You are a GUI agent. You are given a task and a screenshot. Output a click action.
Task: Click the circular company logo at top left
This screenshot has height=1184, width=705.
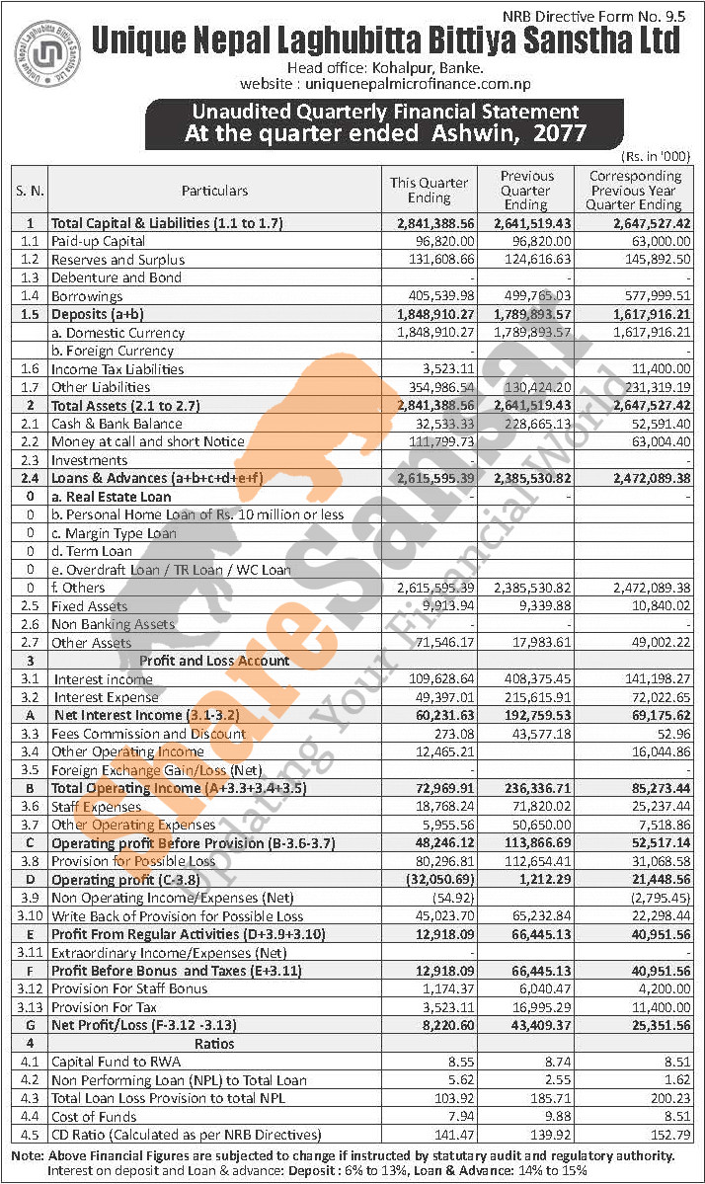(x=49, y=50)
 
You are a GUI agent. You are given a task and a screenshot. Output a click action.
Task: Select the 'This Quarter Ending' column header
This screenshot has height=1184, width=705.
(x=430, y=190)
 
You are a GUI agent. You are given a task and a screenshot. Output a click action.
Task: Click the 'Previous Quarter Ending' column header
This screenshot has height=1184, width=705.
(x=526, y=190)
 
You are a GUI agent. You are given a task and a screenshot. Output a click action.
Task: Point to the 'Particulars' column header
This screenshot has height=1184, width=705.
(x=214, y=190)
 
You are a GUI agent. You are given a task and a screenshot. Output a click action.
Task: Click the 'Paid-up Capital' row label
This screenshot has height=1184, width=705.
(x=98, y=241)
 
